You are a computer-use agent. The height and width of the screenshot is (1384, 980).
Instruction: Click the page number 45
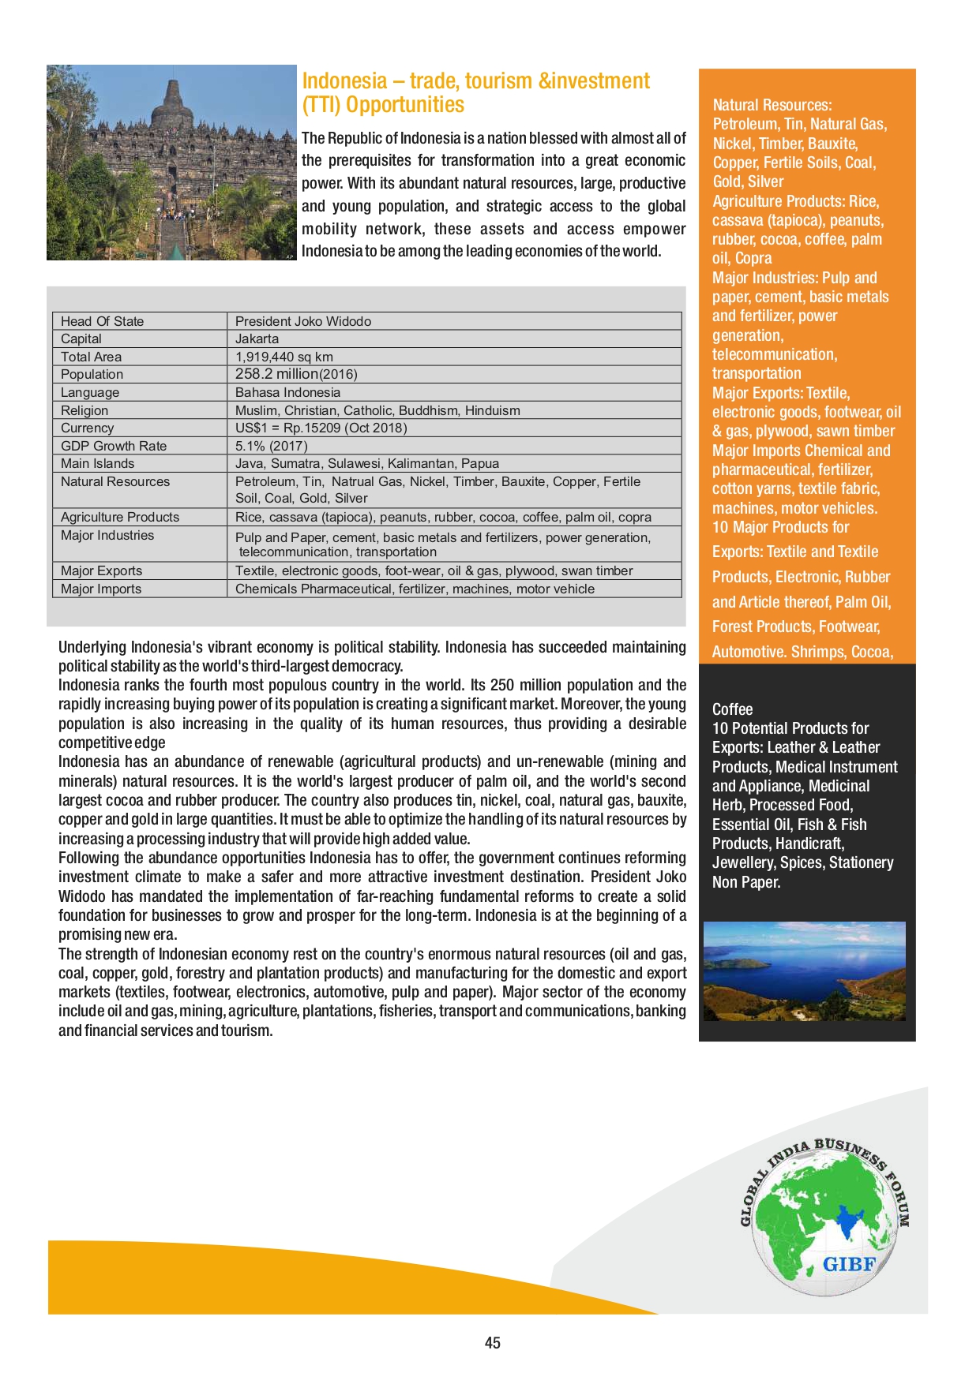(x=492, y=1342)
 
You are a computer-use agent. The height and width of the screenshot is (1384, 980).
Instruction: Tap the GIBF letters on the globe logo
(x=849, y=1264)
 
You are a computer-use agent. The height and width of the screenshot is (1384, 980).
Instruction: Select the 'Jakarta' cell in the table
(x=257, y=339)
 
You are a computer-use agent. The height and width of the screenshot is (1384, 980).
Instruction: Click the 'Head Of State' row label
(x=102, y=321)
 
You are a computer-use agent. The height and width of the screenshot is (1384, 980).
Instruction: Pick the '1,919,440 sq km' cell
(x=283, y=357)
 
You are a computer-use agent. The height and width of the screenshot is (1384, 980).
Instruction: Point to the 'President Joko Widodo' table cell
(x=302, y=321)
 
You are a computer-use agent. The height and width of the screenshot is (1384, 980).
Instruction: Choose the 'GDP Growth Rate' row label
(x=114, y=446)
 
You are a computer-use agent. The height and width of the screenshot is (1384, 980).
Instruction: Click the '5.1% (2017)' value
(x=271, y=446)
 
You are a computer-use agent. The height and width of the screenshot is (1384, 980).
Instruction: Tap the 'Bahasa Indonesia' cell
(x=287, y=392)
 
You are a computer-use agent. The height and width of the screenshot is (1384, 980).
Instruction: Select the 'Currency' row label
(x=87, y=428)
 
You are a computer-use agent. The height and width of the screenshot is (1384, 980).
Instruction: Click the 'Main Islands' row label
(x=97, y=463)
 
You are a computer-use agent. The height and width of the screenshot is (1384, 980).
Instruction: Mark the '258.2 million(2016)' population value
(x=296, y=374)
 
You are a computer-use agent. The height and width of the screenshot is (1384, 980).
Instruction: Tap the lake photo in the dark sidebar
(x=804, y=971)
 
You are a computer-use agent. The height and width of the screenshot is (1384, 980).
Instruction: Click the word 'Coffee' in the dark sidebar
(x=732, y=709)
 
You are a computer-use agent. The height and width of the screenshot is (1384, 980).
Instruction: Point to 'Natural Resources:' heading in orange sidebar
(x=772, y=105)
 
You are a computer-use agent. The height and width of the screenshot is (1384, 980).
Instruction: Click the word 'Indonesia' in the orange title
(x=344, y=80)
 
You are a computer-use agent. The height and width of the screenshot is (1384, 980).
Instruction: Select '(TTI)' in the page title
(x=321, y=105)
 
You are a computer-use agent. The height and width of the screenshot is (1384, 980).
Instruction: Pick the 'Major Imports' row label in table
(x=101, y=589)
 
